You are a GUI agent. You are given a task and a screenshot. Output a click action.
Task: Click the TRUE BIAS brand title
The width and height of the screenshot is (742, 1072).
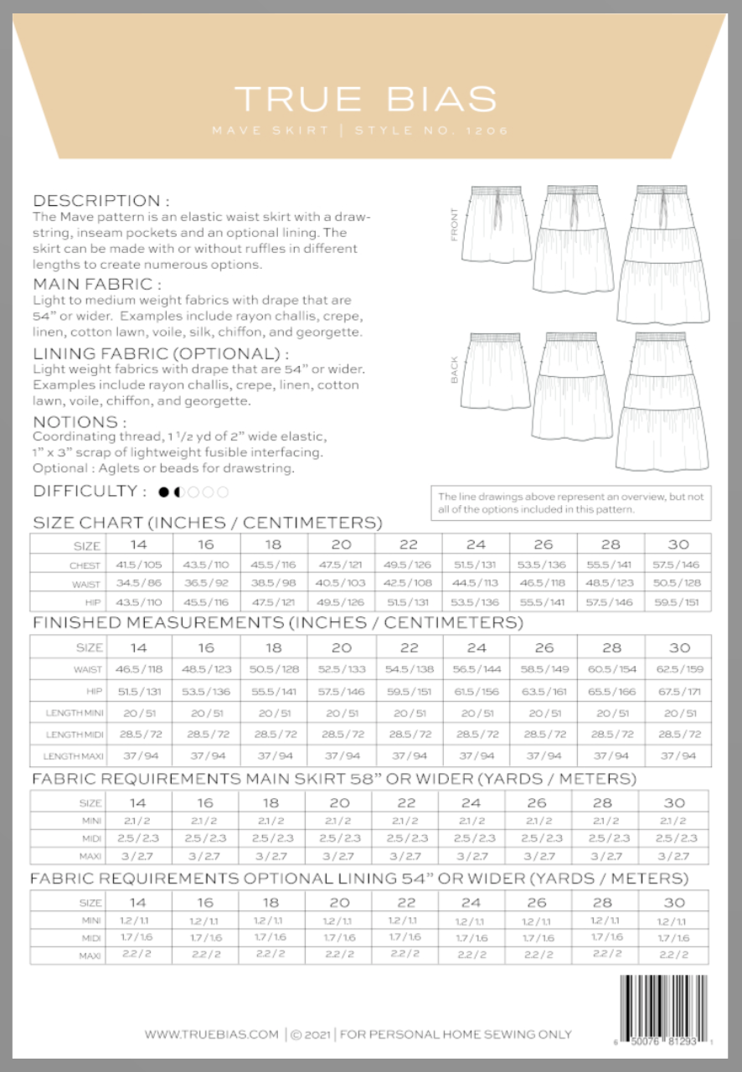(365, 100)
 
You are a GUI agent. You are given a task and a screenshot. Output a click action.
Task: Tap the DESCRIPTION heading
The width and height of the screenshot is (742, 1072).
(101, 201)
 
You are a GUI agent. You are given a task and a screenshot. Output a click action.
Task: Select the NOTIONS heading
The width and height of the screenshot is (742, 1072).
(80, 421)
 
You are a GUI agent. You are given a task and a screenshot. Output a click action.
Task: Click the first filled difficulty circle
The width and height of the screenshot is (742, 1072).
(164, 492)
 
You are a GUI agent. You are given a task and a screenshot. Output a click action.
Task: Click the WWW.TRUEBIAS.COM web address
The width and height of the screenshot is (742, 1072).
(211, 1034)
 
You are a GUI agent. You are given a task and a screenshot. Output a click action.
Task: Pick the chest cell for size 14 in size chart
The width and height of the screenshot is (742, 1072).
(139, 565)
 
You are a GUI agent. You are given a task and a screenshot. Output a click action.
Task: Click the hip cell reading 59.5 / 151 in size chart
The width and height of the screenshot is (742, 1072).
(678, 601)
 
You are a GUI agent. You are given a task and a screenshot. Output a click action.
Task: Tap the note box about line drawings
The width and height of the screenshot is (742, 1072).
(569, 502)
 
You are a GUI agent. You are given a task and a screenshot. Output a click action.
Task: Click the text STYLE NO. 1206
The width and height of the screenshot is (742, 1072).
(431, 131)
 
